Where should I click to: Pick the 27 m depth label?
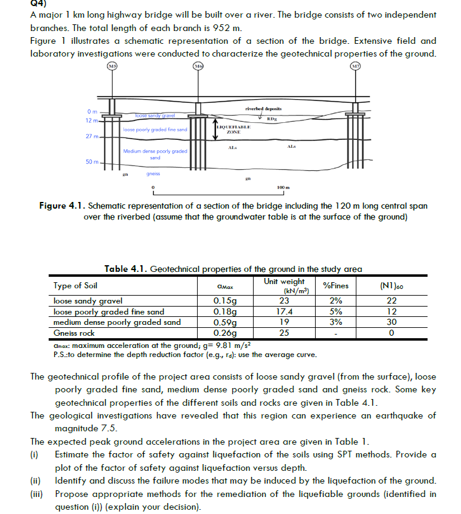click(x=92, y=136)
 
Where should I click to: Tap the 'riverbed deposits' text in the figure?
click(x=263, y=108)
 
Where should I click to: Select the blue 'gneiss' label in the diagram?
click(x=153, y=173)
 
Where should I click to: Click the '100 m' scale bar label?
click(x=282, y=186)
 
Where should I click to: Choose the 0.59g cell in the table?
click(x=224, y=322)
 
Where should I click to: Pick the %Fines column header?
click(x=336, y=285)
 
